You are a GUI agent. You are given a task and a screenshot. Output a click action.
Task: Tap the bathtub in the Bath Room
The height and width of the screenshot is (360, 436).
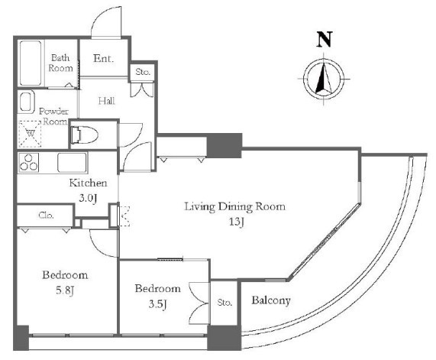tap(31, 63)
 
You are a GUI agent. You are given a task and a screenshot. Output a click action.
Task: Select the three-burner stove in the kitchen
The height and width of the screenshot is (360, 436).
tap(29, 162)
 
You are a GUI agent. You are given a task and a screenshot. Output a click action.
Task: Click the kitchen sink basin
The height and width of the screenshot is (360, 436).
tap(72, 162)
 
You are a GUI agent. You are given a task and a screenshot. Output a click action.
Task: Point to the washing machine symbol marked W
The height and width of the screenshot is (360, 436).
tap(30, 134)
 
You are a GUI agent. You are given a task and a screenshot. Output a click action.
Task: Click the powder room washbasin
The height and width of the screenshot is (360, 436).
tap(26, 102)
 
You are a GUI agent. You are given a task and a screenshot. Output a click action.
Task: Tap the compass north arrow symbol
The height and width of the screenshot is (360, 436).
tap(324, 79)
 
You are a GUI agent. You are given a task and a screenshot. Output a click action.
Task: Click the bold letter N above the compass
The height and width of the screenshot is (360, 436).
tap(325, 39)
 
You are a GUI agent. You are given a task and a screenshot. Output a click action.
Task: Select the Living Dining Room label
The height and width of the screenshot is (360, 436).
tap(235, 207)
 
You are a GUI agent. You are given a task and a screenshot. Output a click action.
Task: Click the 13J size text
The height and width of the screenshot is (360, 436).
tap(237, 222)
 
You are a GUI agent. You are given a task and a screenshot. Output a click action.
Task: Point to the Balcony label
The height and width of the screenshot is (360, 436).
tap(271, 300)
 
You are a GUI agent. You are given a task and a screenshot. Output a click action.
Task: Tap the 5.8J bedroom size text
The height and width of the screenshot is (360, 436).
tap(65, 290)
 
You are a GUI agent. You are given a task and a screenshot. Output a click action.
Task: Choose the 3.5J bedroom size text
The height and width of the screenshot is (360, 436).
tap(157, 303)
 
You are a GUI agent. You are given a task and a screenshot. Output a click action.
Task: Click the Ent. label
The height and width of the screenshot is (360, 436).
tap(103, 58)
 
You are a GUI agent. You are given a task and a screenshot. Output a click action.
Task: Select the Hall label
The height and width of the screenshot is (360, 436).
tap(107, 101)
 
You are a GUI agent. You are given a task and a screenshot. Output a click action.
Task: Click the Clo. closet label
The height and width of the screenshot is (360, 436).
tap(46, 216)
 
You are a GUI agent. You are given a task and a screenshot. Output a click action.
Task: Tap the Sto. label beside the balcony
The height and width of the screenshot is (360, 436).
tap(224, 303)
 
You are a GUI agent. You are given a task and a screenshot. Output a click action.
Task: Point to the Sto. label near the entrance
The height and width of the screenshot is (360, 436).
tap(143, 72)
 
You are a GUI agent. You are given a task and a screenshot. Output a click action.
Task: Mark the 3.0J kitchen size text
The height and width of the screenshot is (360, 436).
tap(88, 198)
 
